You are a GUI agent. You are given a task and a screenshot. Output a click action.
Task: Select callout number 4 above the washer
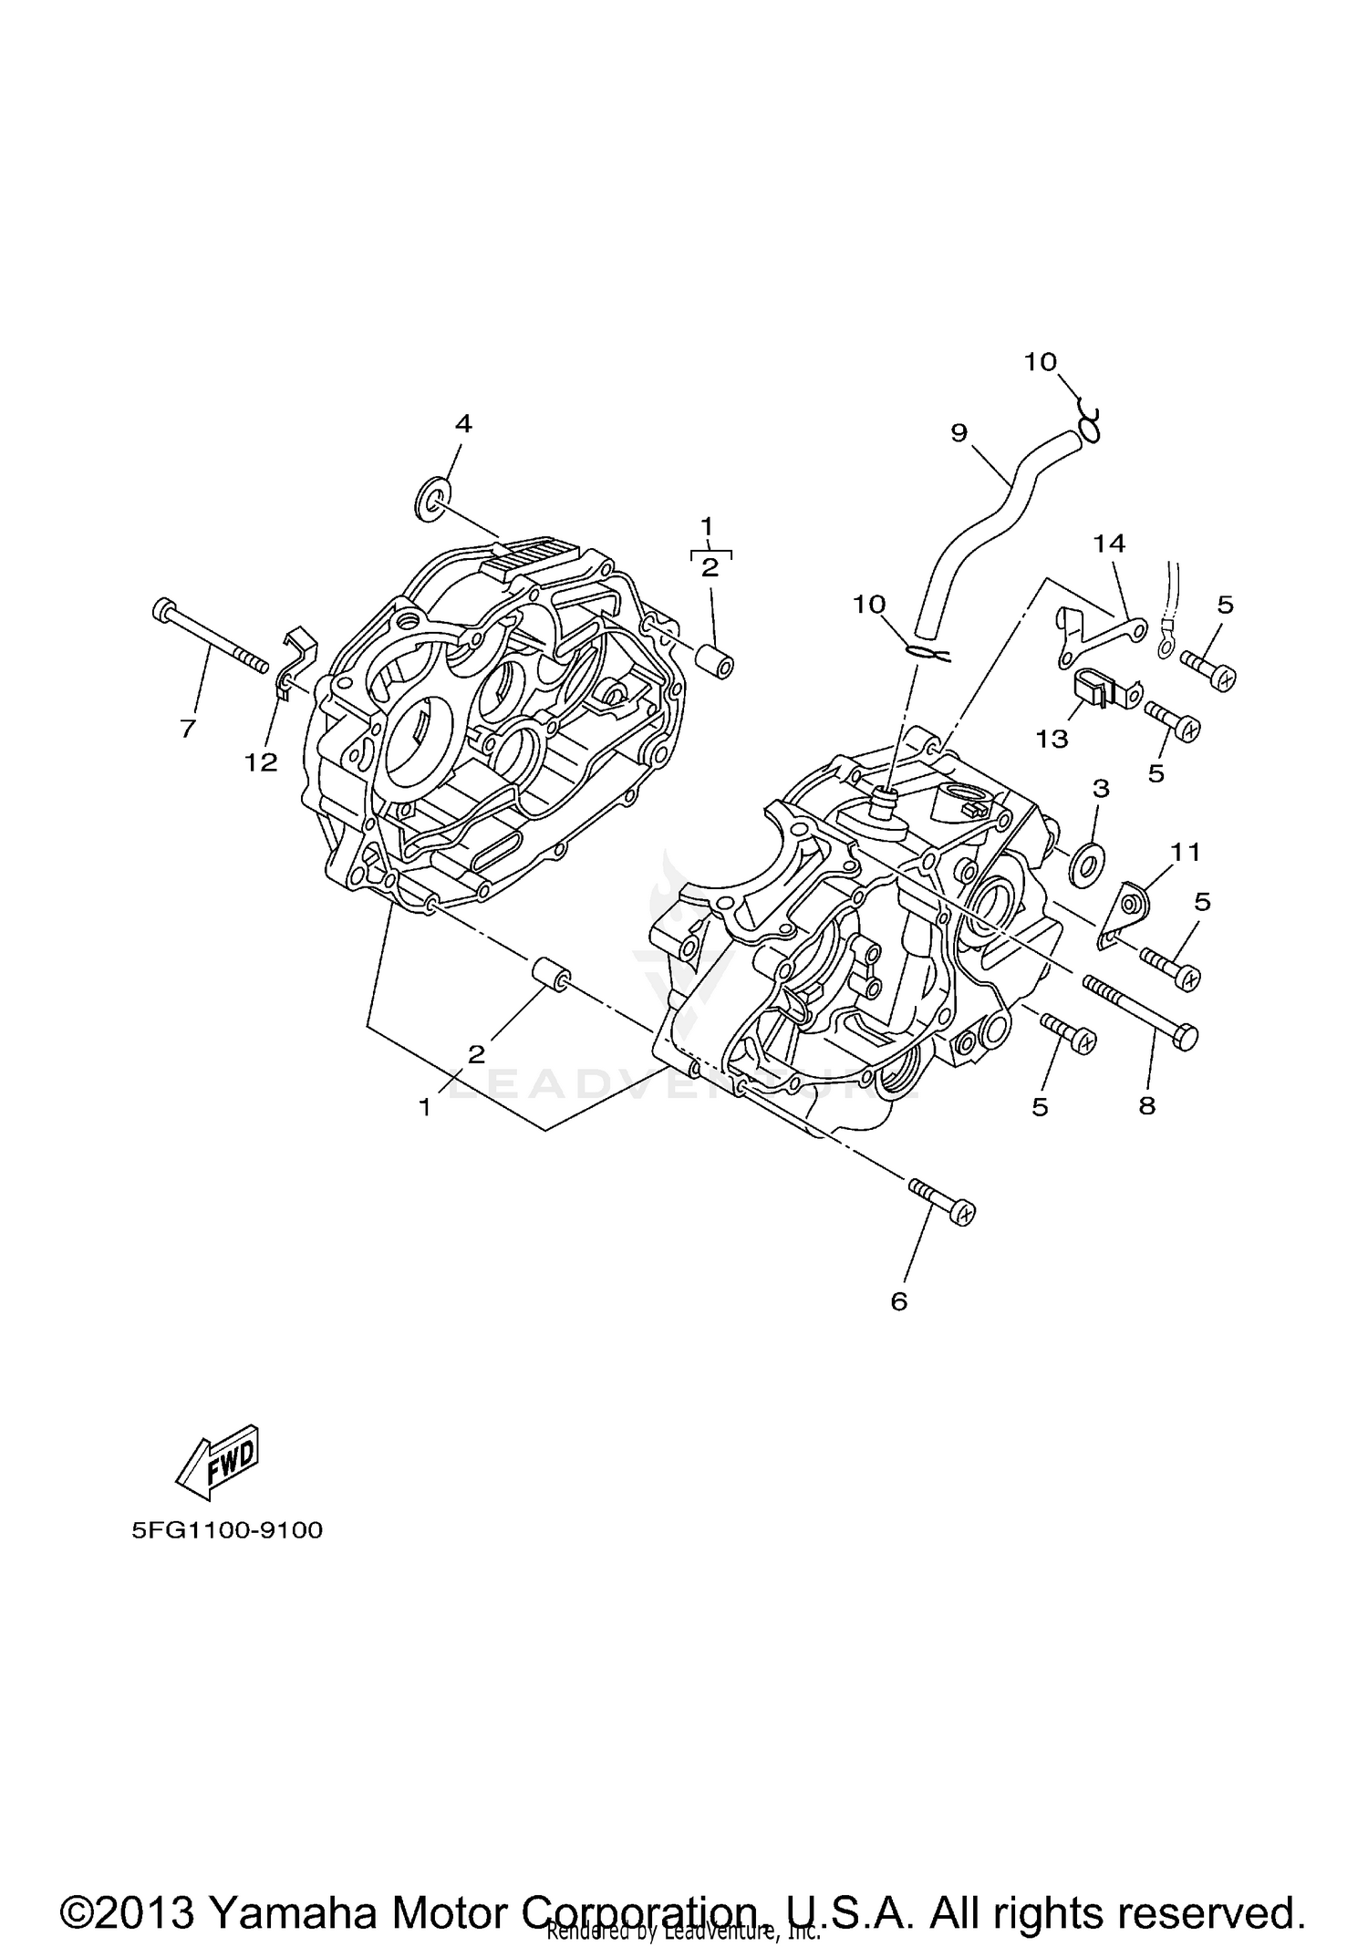(463, 423)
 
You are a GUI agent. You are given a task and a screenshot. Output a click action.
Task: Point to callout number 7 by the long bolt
(188, 728)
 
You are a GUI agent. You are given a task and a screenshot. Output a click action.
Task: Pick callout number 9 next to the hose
(959, 432)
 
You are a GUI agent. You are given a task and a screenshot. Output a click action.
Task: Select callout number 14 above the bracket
(1109, 544)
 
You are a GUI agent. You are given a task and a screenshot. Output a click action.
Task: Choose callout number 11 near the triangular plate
(1186, 853)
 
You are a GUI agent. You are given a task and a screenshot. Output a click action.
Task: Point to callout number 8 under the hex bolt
(1146, 1106)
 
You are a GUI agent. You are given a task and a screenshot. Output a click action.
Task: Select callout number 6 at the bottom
(899, 1302)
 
